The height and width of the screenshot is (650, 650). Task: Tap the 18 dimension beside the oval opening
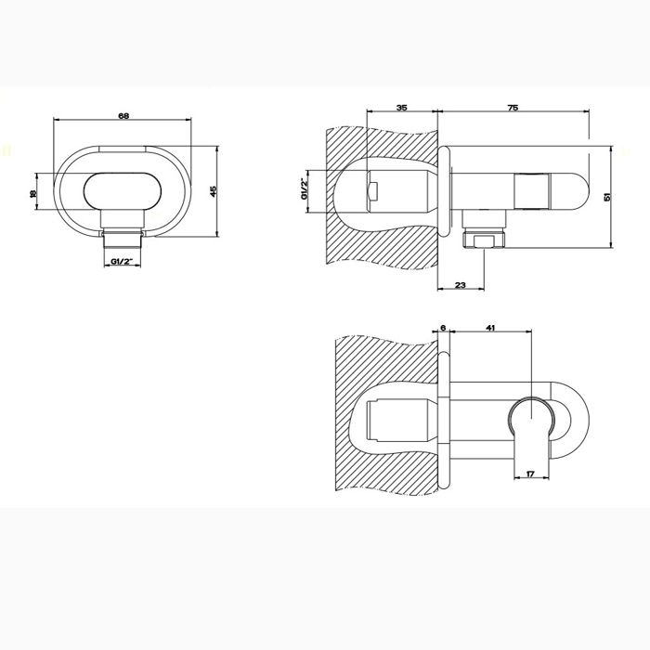tap(32, 193)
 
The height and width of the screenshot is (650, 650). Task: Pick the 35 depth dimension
tap(401, 108)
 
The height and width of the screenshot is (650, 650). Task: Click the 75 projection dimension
tap(513, 108)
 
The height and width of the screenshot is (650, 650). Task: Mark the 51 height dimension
tap(608, 196)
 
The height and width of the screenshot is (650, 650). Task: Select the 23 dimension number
tap(460, 287)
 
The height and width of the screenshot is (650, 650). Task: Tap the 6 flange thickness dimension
tap(443, 327)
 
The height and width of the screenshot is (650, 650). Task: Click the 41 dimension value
tap(491, 327)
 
